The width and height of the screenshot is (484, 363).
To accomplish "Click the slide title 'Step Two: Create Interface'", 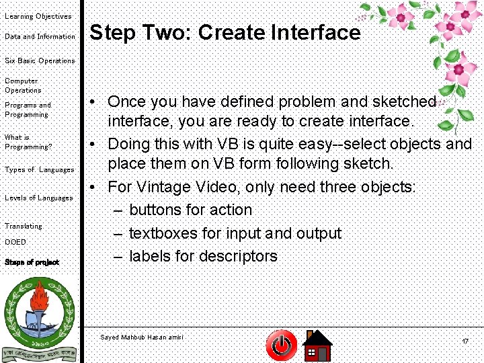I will [x=225, y=32].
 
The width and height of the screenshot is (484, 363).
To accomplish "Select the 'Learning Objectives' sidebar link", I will [x=38, y=16].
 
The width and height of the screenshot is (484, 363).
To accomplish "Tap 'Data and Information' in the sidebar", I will [x=40, y=37].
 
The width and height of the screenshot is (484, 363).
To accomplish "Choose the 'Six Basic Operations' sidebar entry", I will [x=40, y=61].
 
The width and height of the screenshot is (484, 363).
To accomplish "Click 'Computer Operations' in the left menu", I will [x=23, y=85].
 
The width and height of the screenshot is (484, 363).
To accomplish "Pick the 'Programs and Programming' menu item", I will [x=28, y=110].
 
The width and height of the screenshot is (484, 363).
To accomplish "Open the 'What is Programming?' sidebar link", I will [x=28, y=142].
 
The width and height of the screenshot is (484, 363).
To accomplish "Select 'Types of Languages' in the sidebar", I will [x=39, y=170].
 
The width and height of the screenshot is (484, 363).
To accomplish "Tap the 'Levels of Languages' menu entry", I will [x=38, y=198].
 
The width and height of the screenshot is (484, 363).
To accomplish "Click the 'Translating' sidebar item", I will [x=24, y=226].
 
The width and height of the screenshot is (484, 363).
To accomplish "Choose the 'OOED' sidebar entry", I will [x=15, y=242].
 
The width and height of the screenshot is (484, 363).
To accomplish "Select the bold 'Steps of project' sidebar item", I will [x=32, y=262].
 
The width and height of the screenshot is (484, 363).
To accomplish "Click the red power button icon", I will [x=282, y=346].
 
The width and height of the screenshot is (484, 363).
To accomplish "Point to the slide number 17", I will [x=465, y=342].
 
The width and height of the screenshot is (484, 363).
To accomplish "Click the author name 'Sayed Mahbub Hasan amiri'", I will [x=141, y=337].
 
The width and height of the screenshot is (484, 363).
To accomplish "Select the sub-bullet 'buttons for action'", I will [x=190, y=210].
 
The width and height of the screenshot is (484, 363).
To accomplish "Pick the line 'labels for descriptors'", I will [x=203, y=256].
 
